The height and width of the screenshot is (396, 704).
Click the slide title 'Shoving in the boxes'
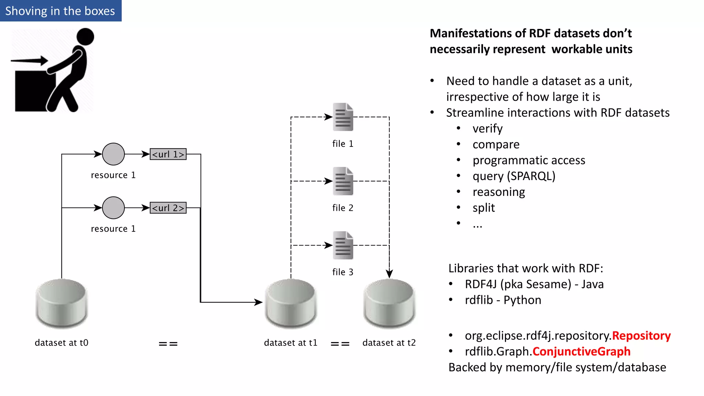(60, 11)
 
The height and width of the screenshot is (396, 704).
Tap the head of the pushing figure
(85, 37)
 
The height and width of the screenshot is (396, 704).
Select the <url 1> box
(168, 154)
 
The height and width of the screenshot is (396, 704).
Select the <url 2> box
(168, 208)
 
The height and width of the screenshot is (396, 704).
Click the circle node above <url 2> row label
(113, 208)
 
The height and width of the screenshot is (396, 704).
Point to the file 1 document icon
(343, 117)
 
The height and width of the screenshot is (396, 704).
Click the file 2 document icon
(343, 181)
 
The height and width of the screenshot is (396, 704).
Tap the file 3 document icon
(343, 245)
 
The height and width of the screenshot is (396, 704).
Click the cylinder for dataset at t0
(62, 303)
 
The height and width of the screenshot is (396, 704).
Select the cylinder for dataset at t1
(291, 303)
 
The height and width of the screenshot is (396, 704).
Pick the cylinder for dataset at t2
(389, 303)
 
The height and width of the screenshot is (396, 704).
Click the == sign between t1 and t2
(340, 344)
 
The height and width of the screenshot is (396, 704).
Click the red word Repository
(641, 335)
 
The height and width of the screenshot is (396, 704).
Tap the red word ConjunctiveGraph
(581, 351)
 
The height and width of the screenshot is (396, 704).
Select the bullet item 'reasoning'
(498, 192)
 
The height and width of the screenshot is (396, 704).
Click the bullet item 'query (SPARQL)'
(514, 176)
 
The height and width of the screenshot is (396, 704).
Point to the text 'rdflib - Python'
(503, 300)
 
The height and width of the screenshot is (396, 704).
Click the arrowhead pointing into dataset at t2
(389, 274)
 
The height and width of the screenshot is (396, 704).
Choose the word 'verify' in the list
(487, 129)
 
